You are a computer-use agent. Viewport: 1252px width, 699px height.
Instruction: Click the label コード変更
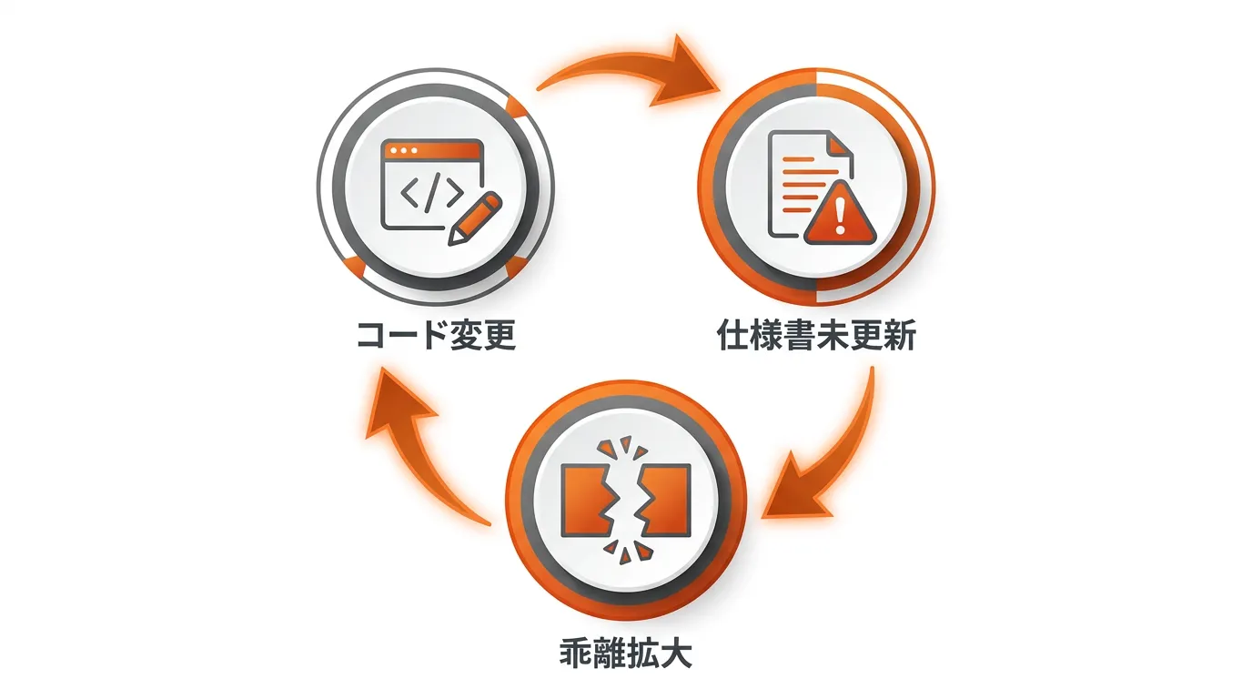click(x=436, y=336)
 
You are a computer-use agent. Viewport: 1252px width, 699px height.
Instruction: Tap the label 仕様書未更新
click(x=816, y=336)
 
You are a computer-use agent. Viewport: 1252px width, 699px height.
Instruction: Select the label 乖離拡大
click(x=625, y=653)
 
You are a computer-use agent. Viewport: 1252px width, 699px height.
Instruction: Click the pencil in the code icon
click(x=475, y=218)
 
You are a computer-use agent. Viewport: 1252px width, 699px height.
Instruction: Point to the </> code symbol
click(x=432, y=193)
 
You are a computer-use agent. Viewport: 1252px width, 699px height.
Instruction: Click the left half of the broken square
click(x=585, y=501)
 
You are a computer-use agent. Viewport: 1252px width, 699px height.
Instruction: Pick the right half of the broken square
click(x=667, y=501)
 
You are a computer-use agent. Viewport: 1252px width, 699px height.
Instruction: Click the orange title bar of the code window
click(x=432, y=150)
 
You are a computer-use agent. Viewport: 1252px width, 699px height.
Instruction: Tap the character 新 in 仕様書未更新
click(x=900, y=336)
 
